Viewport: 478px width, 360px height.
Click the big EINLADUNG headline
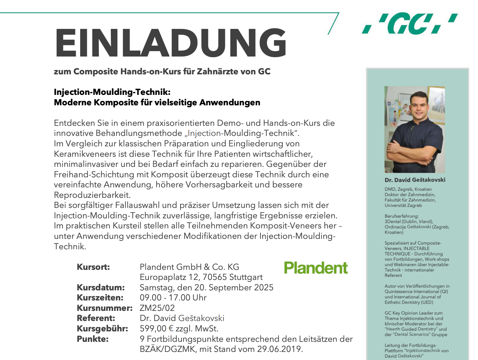coord(171,43)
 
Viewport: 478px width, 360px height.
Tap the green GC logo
coord(410,24)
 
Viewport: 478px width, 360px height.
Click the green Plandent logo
coord(316,268)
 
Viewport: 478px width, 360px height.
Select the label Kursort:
coord(93,267)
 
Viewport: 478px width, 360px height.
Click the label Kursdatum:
coord(101,288)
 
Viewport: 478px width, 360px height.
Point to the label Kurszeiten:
coord(100,298)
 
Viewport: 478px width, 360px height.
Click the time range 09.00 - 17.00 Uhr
coord(173,298)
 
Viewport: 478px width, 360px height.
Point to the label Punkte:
coord(93,339)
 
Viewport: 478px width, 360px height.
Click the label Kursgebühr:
coord(102,329)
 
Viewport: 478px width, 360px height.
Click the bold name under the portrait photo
coord(415,180)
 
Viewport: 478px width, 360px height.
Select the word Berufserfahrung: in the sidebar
coord(402,216)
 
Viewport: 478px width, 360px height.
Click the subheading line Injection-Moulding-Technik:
coord(112,92)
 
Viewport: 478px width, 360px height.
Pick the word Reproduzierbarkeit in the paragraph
coord(92,195)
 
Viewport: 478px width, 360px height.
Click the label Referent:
coord(96,318)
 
